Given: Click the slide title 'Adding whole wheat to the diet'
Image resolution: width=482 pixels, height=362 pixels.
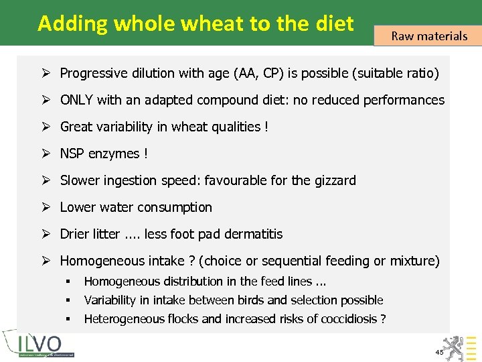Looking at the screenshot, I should click(195, 23).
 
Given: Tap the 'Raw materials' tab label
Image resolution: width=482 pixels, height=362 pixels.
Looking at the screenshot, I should click(429, 36).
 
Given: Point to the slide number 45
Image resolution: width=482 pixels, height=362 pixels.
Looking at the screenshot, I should click(439, 352).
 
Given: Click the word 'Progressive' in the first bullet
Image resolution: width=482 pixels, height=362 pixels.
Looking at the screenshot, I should click(93, 73).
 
